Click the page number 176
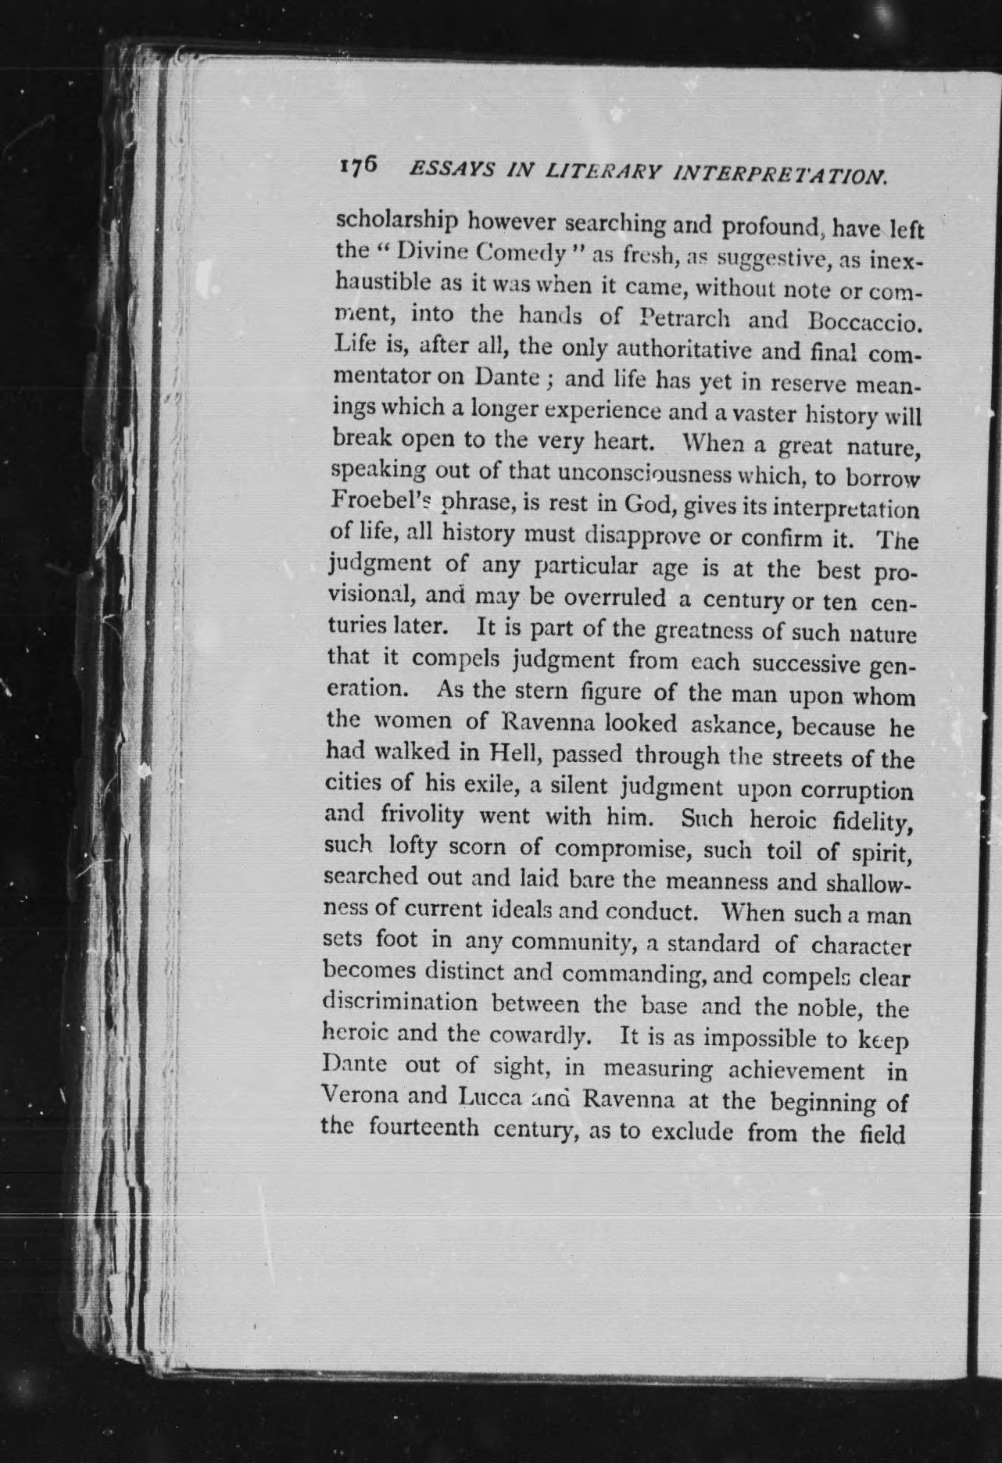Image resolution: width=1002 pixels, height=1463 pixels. pos(359,168)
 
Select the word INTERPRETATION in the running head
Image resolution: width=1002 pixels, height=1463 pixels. pos(779,176)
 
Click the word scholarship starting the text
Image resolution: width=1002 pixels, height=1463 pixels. pos(396,222)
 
